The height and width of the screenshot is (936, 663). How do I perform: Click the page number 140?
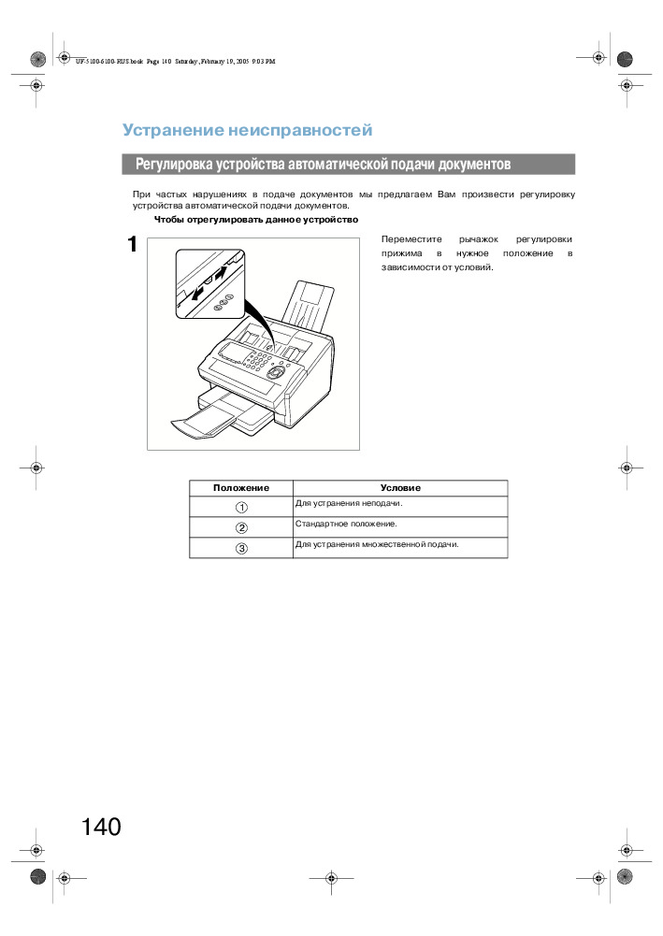point(101,827)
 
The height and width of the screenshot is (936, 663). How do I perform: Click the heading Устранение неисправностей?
point(248,130)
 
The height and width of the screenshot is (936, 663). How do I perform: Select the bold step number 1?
point(133,245)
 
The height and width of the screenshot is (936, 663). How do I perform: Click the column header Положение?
point(241,488)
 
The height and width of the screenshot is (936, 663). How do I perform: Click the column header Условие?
point(400,488)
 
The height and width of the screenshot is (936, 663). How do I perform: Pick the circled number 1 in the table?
point(241,507)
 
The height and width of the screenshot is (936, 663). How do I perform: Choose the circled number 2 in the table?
point(241,527)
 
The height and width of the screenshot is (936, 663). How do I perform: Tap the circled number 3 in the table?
point(241,548)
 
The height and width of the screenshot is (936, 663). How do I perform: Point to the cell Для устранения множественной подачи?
point(377,544)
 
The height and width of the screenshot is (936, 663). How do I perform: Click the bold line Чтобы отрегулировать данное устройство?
point(256,220)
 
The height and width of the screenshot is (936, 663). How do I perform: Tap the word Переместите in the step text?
point(406,238)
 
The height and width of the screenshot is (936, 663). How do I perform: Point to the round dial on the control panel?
point(276,371)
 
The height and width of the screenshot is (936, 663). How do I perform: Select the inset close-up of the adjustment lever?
point(209,283)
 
